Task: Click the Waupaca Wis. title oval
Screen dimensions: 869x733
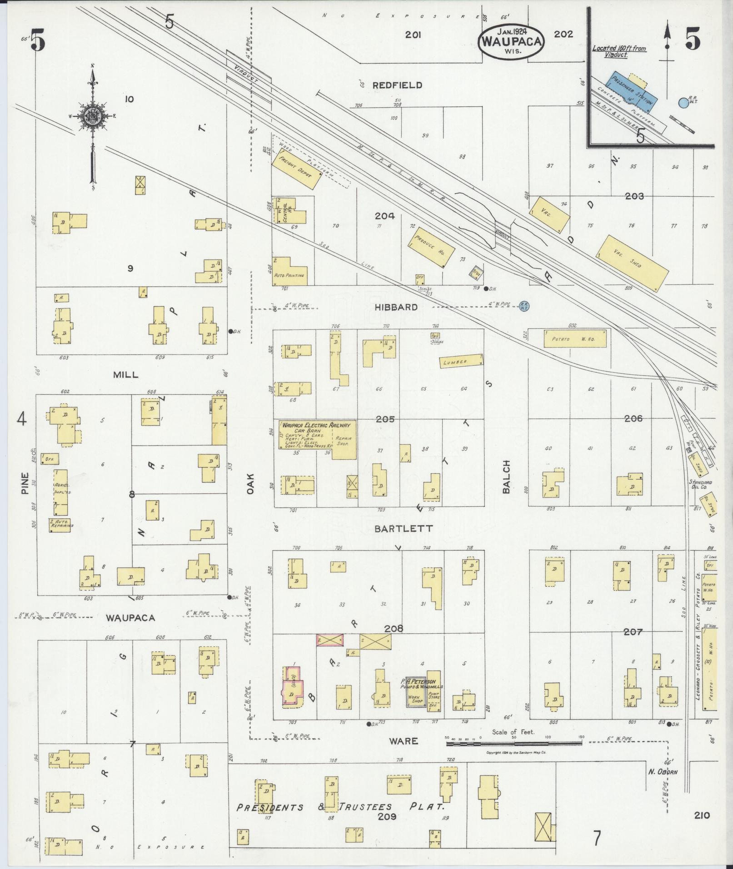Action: point(511,40)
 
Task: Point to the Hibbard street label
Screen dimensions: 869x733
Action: point(396,308)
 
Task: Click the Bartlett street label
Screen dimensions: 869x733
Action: point(397,529)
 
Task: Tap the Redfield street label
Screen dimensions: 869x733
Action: point(397,85)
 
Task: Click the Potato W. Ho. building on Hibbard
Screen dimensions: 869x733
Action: point(575,339)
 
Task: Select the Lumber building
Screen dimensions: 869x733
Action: point(461,361)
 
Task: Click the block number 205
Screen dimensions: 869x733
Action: point(385,419)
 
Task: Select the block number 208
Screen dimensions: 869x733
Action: point(394,629)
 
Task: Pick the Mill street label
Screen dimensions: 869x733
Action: point(125,375)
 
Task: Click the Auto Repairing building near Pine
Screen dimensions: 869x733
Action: point(60,525)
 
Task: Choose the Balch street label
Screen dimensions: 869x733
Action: point(507,477)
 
